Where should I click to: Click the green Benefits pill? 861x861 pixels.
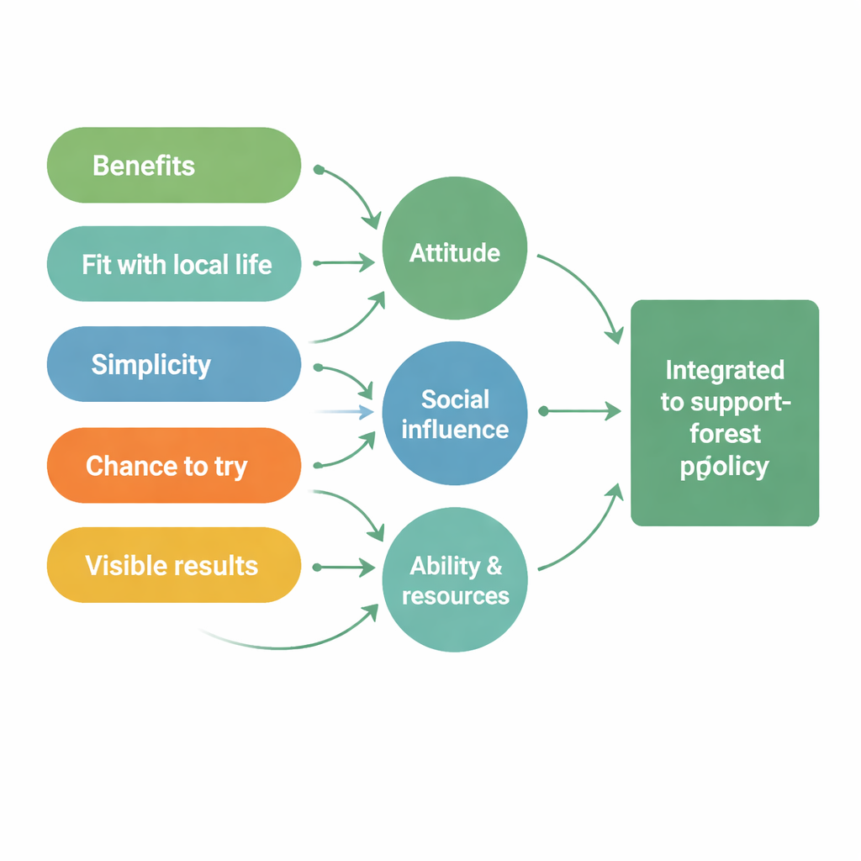pos(173,166)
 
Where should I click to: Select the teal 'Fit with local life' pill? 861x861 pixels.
pos(173,264)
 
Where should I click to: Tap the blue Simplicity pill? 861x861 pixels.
pos(173,364)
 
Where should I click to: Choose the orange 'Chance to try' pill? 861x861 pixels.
pos(173,465)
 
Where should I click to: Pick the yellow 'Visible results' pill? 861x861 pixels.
pos(173,565)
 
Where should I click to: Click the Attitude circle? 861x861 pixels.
pos(454,253)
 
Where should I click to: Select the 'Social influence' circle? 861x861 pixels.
pos(454,414)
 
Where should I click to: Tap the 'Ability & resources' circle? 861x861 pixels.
pos(454,580)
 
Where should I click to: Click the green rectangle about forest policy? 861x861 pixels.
pos(725,413)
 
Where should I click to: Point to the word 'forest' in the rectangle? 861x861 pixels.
pos(725,434)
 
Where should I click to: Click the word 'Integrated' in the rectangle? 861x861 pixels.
pos(725,370)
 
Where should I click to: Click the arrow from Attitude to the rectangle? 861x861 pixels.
pos(589,294)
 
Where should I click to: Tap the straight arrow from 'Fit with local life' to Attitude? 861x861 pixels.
pos(345,263)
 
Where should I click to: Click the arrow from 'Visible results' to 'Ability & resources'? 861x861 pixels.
pos(345,568)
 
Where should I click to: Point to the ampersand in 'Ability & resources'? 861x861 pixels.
pos(494,566)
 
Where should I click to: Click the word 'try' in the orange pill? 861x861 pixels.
pos(230,467)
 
